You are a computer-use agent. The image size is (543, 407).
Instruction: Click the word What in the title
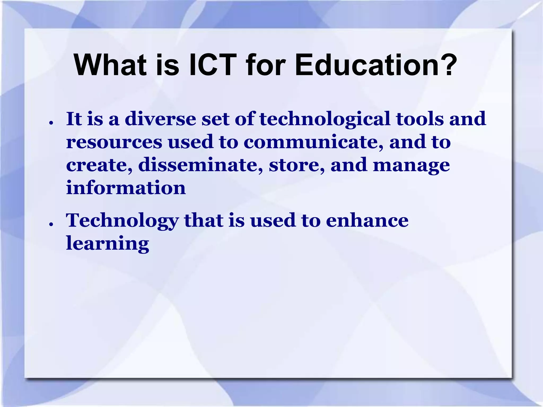(110, 65)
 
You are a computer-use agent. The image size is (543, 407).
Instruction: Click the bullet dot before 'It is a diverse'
(51, 123)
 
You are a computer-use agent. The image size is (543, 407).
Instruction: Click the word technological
(325, 119)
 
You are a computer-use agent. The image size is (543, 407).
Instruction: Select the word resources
(114, 142)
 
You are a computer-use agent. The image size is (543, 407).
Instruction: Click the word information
(126, 188)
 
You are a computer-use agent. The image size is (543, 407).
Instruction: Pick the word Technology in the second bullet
(122, 221)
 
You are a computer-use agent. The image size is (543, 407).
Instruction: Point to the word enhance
(367, 220)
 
